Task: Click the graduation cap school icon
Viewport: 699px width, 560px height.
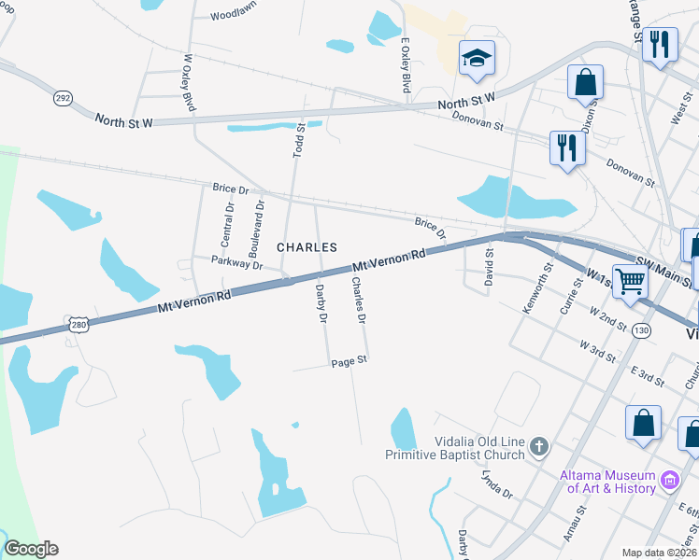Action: pos(477,60)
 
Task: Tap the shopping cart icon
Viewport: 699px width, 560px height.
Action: pos(631,279)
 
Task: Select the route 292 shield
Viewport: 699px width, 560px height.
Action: pos(63,98)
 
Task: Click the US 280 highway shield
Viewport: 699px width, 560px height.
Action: pos(78,322)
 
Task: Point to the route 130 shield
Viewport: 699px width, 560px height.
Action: pos(640,330)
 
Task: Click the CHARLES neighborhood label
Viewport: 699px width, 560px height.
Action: pos(307,247)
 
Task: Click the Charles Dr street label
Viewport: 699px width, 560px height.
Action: pos(357,300)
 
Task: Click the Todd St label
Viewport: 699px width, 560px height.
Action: pos(300,139)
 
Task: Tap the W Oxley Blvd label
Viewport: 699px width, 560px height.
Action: pos(189,82)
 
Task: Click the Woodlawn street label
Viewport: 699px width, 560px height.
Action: pos(234,16)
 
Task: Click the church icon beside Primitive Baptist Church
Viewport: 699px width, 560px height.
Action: pos(538,448)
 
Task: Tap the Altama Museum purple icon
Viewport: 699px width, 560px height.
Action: pos(669,481)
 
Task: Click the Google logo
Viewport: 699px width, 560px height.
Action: pos(31,549)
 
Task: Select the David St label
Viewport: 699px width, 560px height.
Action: pos(488,266)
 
